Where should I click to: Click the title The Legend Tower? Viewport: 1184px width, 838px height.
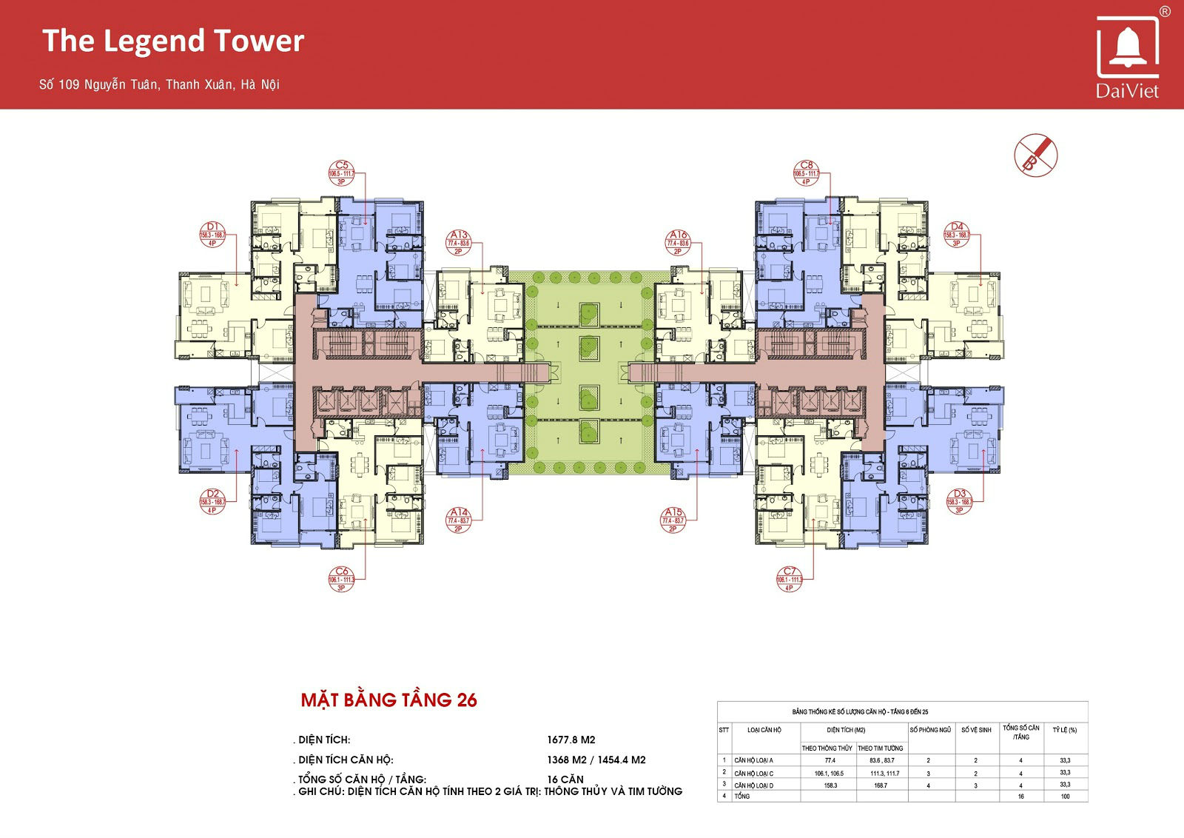(173, 41)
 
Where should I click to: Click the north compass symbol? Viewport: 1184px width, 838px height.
(1035, 155)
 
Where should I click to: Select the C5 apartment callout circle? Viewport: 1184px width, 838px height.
(342, 173)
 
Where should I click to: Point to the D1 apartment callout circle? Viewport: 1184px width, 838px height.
(212, 235)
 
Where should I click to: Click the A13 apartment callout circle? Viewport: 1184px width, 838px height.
(459, 243)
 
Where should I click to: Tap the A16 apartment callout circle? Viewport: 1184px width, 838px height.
(678, 243)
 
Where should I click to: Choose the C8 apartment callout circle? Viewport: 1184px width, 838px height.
(806, 173)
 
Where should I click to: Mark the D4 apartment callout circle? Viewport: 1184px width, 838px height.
(957, 235)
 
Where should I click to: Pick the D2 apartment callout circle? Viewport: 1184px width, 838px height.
(212, 501)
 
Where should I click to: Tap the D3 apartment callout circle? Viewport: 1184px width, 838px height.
(960, 501)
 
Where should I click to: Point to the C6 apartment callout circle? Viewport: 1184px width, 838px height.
(341, 579)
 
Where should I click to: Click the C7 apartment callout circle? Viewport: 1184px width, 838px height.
(790, 579)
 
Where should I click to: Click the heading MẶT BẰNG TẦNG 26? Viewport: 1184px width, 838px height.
(388, 700)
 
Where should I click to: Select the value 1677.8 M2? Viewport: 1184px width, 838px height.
(571, 740)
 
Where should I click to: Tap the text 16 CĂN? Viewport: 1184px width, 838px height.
(565, 780)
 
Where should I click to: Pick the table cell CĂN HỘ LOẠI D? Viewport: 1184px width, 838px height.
(754, 785)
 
